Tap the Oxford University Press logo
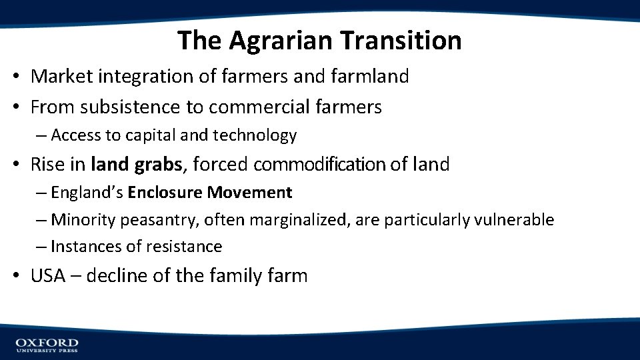[47, 345]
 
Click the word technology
[255, 136]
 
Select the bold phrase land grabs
[136, 164]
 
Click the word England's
[87, 193]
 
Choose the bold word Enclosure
[165, 193]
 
